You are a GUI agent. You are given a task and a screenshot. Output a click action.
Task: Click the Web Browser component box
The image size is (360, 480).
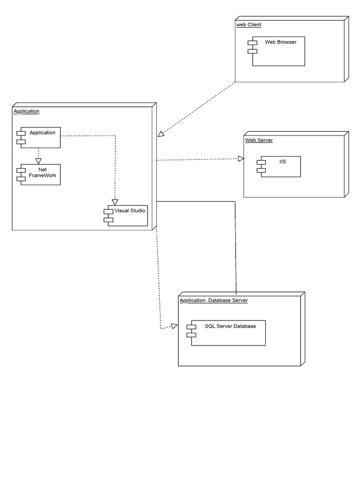[279, 52]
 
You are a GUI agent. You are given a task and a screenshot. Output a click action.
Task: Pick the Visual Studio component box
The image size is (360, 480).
[127, 216]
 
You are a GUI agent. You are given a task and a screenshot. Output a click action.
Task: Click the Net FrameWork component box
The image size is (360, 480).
[39, 174]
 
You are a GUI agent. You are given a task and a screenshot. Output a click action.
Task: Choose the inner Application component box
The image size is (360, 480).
[40, 137]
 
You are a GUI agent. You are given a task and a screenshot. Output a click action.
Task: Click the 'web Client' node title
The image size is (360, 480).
[248, 24]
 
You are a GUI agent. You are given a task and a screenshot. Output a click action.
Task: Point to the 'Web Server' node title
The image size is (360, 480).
[259, 140]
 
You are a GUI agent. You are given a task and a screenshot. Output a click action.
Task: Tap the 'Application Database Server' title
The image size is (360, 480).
[214, 300]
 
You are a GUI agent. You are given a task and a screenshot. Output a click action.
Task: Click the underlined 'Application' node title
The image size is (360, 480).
[27, 112]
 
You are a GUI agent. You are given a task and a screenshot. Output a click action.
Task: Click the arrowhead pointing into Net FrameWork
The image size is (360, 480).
[38, 160]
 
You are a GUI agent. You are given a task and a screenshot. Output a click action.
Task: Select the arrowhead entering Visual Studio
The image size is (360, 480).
[115, 202]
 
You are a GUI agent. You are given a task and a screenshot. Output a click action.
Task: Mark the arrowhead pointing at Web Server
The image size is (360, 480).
[241, 159]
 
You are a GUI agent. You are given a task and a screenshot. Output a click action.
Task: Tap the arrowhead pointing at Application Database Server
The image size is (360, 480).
[174, 326]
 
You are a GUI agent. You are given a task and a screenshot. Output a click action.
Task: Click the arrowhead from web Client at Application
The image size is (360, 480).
[161, 134]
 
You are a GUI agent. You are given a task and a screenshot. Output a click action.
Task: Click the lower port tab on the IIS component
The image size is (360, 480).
[261, 170]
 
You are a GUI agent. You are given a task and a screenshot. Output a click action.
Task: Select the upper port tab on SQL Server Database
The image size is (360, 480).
[191, 326]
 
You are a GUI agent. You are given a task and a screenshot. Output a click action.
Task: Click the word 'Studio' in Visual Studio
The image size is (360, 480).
[138, 210]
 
